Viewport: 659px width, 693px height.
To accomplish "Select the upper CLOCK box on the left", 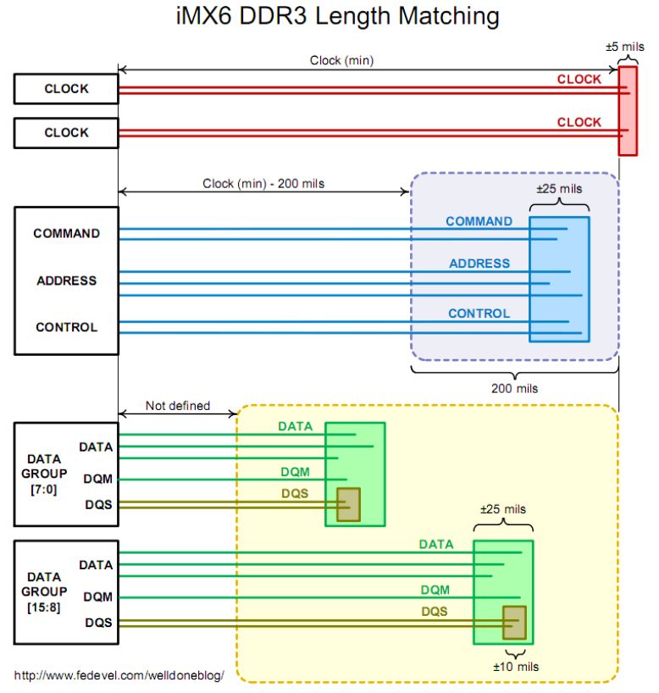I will tap(66, 88).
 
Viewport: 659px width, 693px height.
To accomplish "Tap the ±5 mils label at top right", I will tap(625, 47).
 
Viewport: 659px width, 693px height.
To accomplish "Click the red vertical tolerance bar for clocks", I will tap(627, 110).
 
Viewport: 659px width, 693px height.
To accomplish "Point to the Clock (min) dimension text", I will tap(342, 60).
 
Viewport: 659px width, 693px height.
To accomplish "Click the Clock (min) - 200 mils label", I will tap(263, 183).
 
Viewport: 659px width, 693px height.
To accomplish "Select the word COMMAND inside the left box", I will tap(66, 233).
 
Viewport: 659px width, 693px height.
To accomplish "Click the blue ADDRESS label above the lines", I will tap(479, 263).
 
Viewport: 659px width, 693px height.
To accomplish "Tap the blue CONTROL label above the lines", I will tap(479, 313).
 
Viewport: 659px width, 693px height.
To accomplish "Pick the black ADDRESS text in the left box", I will tap(66, 280).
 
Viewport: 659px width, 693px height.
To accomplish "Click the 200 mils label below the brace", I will tap(514, 389).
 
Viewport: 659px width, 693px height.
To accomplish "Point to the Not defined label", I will tap(177, 406).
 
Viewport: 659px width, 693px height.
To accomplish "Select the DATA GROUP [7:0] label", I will tap(44, 474).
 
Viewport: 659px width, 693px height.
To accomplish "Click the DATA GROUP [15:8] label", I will tap(44, 591).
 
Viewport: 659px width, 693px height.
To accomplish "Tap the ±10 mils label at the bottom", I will tap(516, 667).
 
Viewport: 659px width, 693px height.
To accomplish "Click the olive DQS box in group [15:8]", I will tap(513, 623).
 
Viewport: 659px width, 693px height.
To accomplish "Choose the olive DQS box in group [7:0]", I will tap(348, 504).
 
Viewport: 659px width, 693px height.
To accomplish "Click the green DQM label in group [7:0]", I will tap(295, 472).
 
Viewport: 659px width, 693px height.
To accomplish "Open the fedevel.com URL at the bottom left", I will tap(119, 675).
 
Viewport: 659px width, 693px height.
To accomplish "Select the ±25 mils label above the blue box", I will tap(559, 188).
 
